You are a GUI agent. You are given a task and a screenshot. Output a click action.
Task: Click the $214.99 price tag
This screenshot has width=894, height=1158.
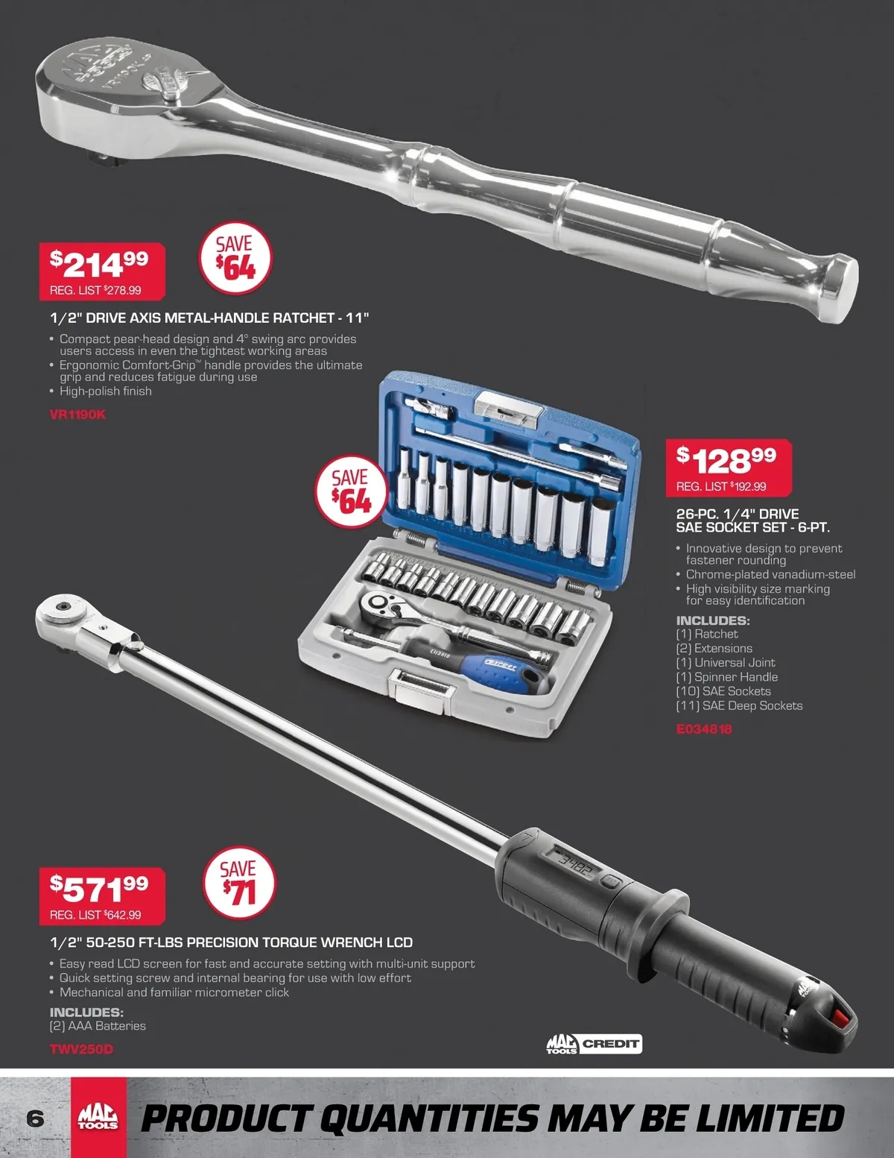(102, 271)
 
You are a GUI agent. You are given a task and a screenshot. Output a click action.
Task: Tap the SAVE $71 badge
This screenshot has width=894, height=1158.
(239, 883)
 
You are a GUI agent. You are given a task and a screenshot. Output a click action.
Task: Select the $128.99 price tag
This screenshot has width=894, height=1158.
(729, 468)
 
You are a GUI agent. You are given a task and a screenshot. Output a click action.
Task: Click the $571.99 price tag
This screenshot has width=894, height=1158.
(102, 896)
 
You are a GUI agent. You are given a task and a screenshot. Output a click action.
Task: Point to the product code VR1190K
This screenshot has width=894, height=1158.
(77, 414)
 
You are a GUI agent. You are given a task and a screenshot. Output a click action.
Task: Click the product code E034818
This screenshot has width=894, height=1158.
(704, 729)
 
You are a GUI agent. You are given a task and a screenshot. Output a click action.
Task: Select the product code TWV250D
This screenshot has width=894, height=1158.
(81, 1048)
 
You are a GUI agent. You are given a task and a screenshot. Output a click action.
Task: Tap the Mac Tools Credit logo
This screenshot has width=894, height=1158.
(595, 1043)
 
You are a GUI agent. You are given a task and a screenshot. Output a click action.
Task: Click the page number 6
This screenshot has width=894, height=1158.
(35, 1118)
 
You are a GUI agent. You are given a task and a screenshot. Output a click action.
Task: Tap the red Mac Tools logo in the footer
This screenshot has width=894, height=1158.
(98, 1117)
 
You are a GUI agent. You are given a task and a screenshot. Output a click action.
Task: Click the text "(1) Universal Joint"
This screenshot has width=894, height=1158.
(725, 662)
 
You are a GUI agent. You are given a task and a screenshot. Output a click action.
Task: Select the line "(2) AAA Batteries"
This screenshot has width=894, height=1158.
(98, 1026)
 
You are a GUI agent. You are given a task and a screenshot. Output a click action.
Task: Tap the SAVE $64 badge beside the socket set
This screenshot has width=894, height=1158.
(351, 491)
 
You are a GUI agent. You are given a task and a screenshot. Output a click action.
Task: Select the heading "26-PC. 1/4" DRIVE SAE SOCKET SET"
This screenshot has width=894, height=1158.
(752, 520)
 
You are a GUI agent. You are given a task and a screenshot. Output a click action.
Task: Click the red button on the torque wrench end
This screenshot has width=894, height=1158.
(840, 1018)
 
